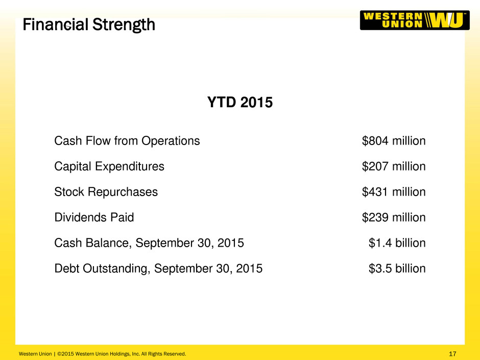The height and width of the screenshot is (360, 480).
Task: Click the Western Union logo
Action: [x=415, y=20]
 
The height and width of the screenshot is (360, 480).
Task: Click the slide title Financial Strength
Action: [x=89, y=25]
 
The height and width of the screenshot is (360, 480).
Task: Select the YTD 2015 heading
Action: [x=239, y=102]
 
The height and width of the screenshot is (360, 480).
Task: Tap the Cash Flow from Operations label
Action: [x=127, y=141]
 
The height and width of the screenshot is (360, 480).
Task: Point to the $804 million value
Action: [x=394, y=141]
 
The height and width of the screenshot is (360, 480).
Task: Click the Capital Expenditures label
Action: [x=109, y=167]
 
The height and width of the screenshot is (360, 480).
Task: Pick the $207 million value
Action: [x=394, y=166]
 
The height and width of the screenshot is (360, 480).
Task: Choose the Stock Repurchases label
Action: [x=106, y=192]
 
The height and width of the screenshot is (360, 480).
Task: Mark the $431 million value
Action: [x=394, y=191]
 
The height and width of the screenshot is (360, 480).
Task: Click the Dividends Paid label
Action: [x=94, y=218]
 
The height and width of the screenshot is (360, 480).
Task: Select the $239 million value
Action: [x=394, y=218]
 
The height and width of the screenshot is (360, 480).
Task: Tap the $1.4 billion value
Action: [x=397, y=243]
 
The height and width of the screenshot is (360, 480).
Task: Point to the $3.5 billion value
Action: [x=397, y=268]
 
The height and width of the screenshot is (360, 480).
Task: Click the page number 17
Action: [x=452, y=354]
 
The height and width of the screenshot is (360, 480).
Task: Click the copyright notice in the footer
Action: [x=103, y=354]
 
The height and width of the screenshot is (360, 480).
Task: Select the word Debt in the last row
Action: [x=67, y=269]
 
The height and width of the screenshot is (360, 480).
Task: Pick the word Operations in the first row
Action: [x=171, y=141]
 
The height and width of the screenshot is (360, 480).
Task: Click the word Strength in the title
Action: [x=124, y=25]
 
